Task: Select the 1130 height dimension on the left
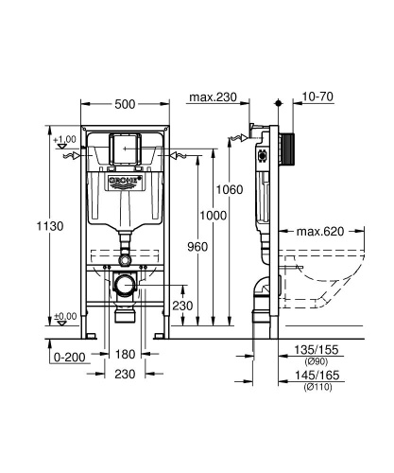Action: pos(33,226)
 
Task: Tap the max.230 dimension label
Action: pos(212,96)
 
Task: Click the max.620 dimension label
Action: pos(319,230)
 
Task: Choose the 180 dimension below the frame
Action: pos(124,354)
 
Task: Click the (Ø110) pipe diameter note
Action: pos(319,388)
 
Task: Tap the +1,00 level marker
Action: pos(64,140)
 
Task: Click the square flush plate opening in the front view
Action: pos(124,149)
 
